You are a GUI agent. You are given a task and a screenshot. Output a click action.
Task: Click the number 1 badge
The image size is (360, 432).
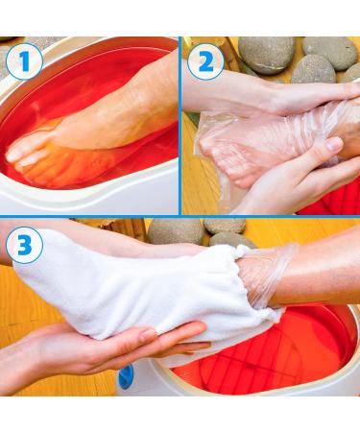(x=24, y=61)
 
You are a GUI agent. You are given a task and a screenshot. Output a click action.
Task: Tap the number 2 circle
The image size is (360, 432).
(x=205, y=61)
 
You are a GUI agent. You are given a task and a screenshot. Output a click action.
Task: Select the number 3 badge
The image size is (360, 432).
(x=25, y=245)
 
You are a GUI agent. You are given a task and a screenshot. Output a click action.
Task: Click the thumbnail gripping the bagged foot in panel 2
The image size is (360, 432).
(x=333, y=144)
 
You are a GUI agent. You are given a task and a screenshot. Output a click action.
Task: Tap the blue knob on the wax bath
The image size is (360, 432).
(x=127, y=376)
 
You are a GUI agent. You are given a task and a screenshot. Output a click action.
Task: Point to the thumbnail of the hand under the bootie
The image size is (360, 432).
(x=148, y=335)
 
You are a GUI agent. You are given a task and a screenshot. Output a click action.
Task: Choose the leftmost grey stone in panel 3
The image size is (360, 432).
(x=176, y=231)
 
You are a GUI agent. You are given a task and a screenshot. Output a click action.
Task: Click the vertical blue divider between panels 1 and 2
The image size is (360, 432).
(x=180, y=126)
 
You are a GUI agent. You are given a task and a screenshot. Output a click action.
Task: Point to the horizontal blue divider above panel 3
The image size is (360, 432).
(x=180, y=217)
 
